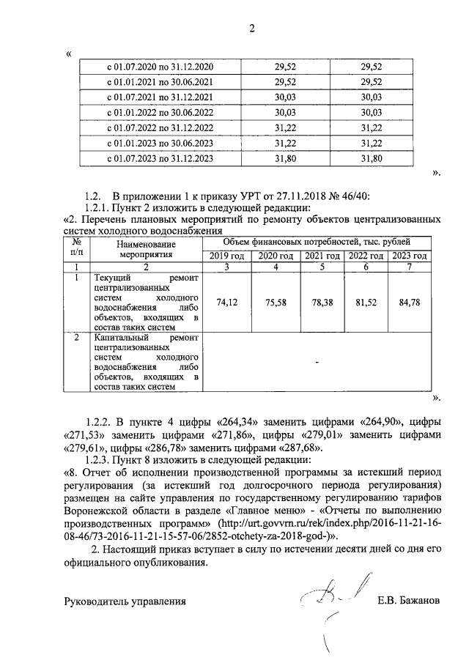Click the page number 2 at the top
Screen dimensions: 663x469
tap(251, 29)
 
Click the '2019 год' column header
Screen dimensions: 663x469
tap(226, 256)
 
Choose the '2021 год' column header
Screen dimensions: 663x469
tap(322, 256)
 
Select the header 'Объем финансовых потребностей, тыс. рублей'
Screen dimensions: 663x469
tap(316, 241)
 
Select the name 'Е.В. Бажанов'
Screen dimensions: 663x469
tap(409, 601)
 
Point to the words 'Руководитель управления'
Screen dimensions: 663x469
tap(124, 601)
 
